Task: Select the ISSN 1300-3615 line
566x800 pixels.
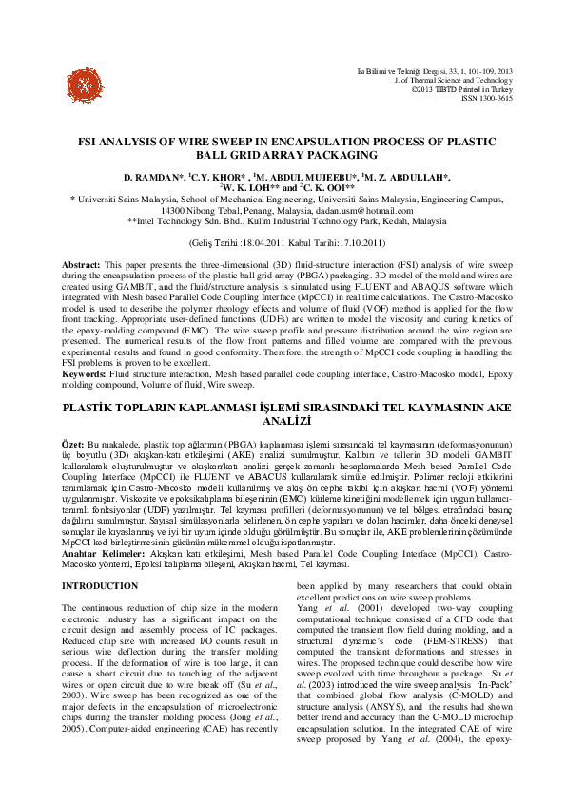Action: click(x=487, y=97)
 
